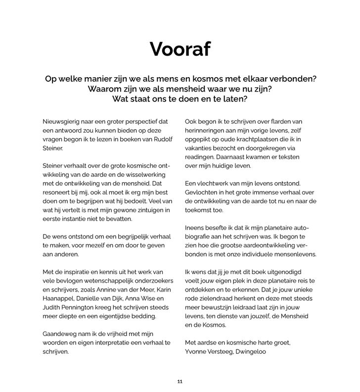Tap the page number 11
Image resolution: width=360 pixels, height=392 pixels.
180,382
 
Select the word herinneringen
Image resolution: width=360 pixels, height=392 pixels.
208,130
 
